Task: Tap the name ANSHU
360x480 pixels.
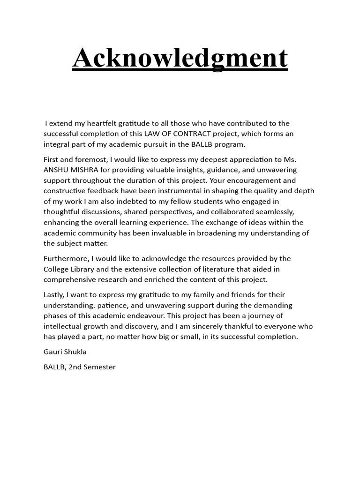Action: [x=57, y=170]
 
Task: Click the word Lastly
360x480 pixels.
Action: [x=54, y=294]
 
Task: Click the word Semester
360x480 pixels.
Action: [x=99, y=367]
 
